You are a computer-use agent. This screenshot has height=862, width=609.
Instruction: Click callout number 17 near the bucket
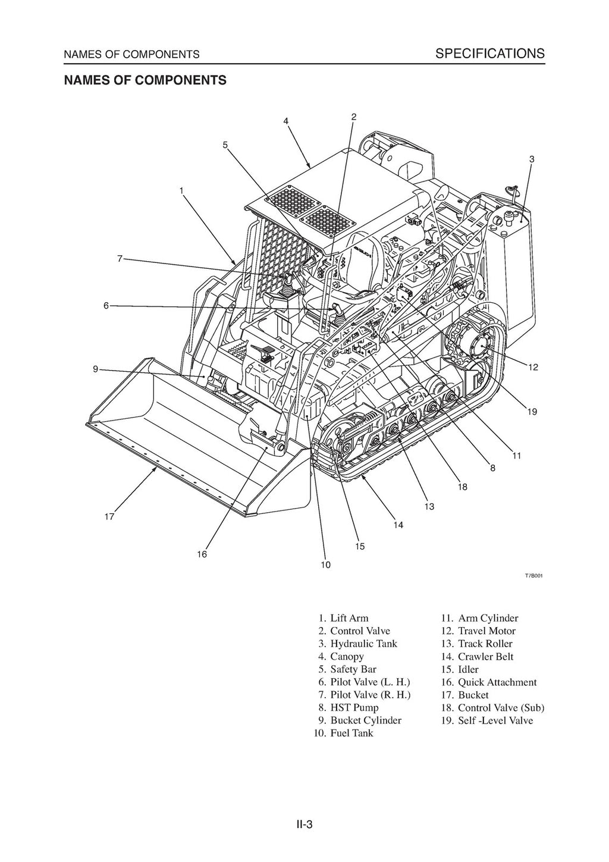tap(109, 517)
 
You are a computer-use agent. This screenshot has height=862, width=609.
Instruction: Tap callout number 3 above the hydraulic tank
tap(531, 159)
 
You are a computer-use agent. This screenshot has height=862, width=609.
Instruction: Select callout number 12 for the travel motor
tap(532, 367)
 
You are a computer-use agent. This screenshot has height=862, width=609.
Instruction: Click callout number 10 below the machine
tap(325, 565)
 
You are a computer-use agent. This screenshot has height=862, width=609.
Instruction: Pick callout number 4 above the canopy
tap(286, 121)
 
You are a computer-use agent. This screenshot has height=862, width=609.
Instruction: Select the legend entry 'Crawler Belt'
tap(485, 657)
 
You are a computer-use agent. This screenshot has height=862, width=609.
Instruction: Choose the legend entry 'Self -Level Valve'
tap(495, 720)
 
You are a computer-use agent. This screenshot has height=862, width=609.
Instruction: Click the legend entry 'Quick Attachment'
tap(497, 682)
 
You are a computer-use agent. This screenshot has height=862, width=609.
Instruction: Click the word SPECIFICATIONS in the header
tap(489, 54)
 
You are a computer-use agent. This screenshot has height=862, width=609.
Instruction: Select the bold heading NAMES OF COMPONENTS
tap(145, 80)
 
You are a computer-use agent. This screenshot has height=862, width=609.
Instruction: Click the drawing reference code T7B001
tap(533, 576)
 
